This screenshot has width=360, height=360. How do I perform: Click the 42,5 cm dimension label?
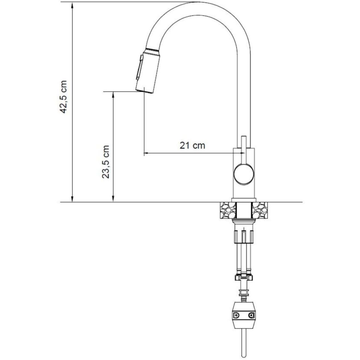[63, 97]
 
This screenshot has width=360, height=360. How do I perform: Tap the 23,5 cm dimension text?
[105, 162]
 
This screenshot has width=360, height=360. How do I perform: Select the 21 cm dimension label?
[192, 145]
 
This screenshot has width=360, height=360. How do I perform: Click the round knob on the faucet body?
[244, 174]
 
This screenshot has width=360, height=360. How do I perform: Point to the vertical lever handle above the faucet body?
[244, 149]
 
